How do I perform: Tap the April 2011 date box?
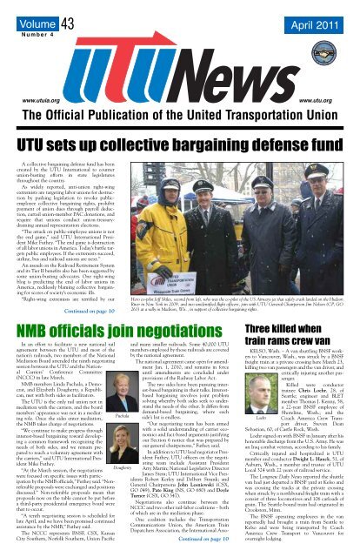313,21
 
